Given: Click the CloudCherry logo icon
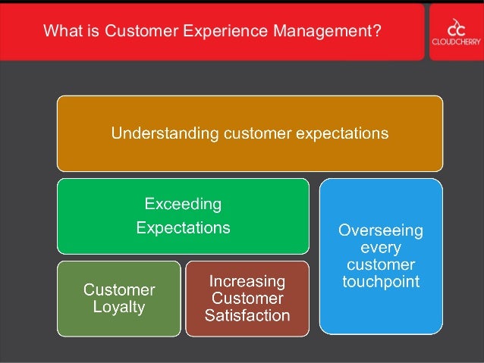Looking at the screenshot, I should pos(456,26).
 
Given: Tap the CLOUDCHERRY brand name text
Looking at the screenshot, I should pos(456,42).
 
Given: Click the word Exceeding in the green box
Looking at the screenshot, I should pos(183,204).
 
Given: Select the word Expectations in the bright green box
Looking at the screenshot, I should pos(183,227).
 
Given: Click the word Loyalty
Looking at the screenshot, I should pos(119,307).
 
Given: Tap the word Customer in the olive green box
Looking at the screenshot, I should pos(119,289).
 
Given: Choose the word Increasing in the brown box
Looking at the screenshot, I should pos(247,281).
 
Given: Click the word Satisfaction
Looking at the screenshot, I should pos(247,314).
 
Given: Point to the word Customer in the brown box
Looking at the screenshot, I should pos(247,298).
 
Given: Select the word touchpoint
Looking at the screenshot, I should pos(381,282).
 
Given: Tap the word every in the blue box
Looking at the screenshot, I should pos(381,248).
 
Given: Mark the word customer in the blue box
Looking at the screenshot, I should pos(381,265).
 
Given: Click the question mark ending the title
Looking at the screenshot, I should pos(377,32).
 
